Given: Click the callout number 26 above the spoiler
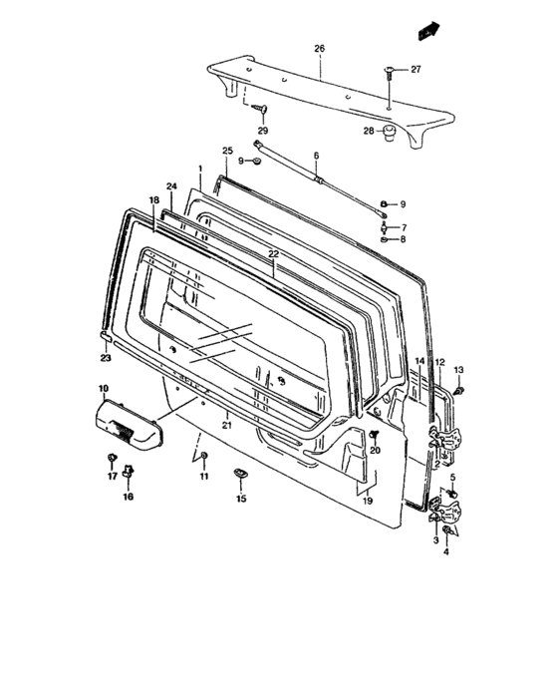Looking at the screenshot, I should point(320,48).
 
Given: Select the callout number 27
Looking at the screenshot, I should point(416,69).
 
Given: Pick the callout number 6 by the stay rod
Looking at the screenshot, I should point(316,157).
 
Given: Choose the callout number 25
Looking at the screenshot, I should point(227,152).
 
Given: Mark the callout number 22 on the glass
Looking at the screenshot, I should point(274,255).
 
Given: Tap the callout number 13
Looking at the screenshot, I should point(459,371).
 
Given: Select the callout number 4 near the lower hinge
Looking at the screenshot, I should point(446,550).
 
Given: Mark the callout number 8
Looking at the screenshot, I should point(403,240).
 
